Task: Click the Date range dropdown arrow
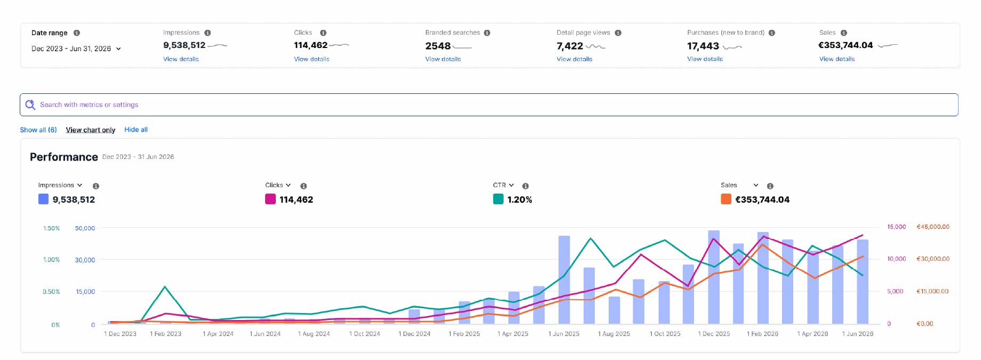tap(118, 49)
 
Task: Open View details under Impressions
tap(181, 59)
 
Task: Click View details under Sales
tap(837, 59)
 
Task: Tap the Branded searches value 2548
tap(438, 46)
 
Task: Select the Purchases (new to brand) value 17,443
tap(703, 46)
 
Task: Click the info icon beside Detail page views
tap(618, 33)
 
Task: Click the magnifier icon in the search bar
tap(30, 105)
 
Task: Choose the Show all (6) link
tap(38, 130)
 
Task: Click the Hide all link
tap(136, 130)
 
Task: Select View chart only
tap(91, 130)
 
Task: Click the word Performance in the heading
tap(64, 157)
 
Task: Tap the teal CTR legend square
tap(498, 199)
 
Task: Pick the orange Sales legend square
tap(726, 199)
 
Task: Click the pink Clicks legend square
tap(270, 199)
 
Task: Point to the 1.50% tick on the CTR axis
tap(51, 228)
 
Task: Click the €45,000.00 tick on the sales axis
tap(933, 227)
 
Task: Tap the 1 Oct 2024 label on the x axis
tap(365, 334)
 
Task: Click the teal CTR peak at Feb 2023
tap(165, 287)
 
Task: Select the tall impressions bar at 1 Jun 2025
tap(564, 279)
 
